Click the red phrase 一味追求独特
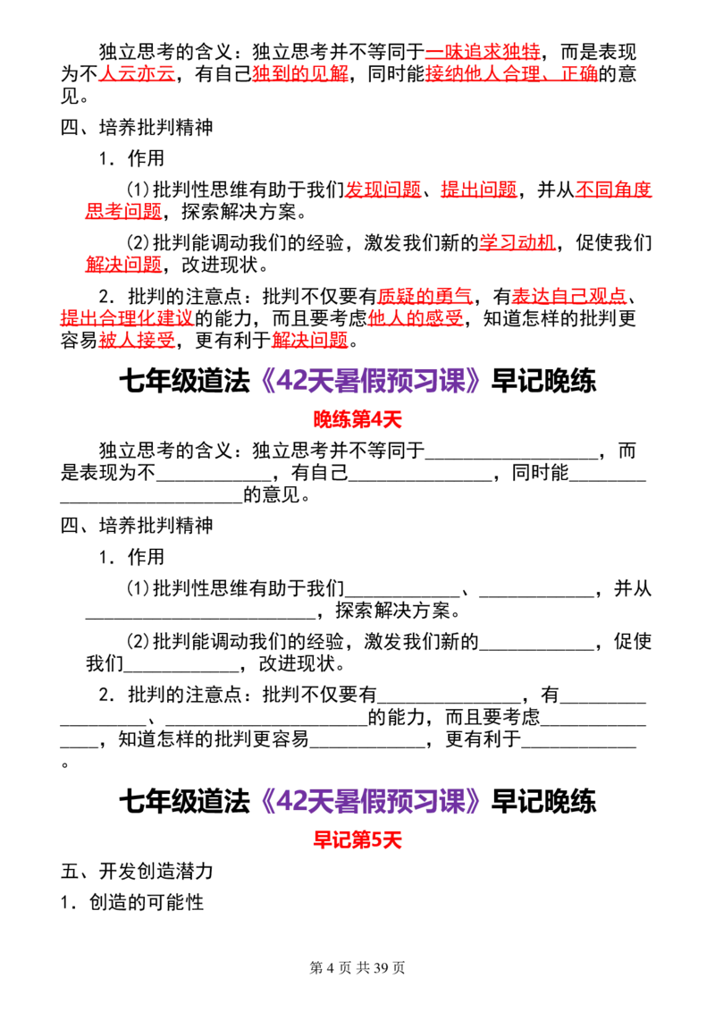(x=483, y=52)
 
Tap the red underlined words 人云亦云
(x=137, y=74)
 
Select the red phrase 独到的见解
(x=300, y=74)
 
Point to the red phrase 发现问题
(x=383, y=190)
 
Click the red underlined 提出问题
(x=479, y=190)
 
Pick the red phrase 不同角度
(x=613, y=190)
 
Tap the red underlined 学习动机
(x=517, y=242)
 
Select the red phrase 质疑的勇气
(x=425, y=296)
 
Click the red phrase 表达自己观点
(x=569, y=296)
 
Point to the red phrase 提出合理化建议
(x=127, y=318)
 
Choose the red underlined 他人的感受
(x=416, y=318)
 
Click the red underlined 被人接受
(x=137, y=340)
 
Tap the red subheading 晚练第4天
(x=357, y=419)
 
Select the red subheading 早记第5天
(x=357, y=839)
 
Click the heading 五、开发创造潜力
(x=137, y=872)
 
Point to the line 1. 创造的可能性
(x=131, y=902)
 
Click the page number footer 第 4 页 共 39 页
(x=357, y=967)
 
